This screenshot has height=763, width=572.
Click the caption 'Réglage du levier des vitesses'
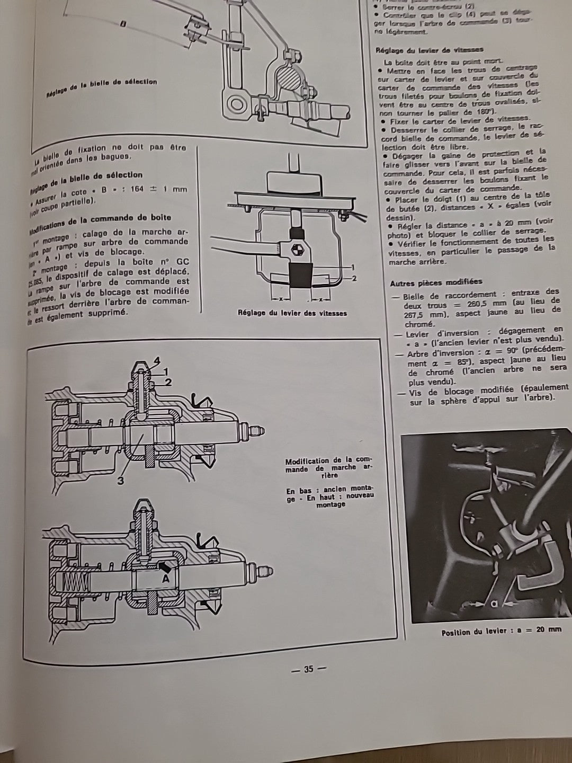(292, 313)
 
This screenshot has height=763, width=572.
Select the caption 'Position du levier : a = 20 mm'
(501, 631)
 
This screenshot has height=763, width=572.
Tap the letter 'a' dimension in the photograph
(494, 603)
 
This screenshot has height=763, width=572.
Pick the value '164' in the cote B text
(137, 190)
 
